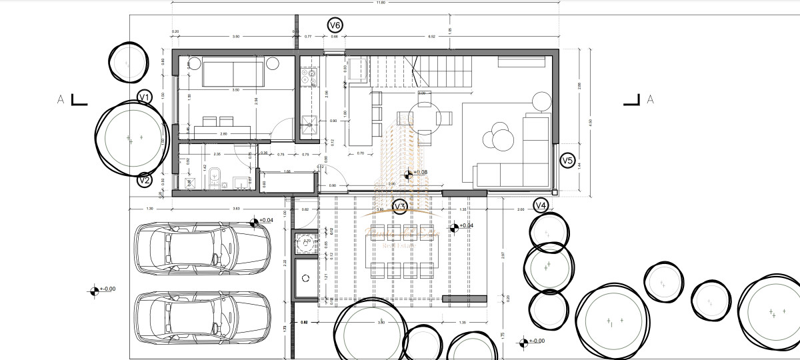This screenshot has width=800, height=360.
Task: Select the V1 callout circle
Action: [x=145, y=97]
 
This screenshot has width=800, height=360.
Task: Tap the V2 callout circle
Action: [x=145, y=179]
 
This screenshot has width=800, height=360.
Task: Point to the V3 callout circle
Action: [x=400, y=207]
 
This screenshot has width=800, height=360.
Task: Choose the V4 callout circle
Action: [x=541, y=205]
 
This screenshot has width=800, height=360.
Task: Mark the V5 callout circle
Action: [x=567, y=160]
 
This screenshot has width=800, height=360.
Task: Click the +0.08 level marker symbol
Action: [x=409, y=173]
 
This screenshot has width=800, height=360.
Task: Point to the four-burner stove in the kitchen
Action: [x=309, y=77]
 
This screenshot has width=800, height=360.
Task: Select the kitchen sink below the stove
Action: [x=309, y=121]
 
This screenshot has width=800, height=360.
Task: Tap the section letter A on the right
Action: [x=651, y=100]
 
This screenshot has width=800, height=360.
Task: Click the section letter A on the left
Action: [x=61, y=100]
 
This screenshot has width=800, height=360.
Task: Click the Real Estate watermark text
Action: [x=399, y=246]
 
